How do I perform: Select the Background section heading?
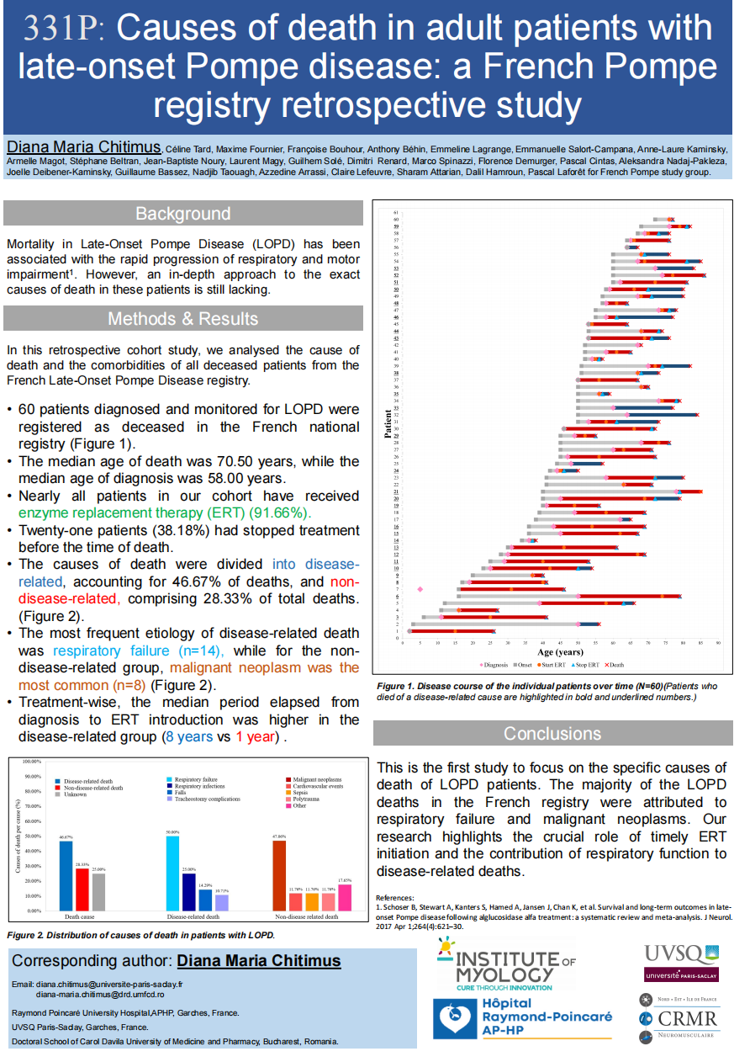[x=182, y=214]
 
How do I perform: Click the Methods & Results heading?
[x=182, y=318]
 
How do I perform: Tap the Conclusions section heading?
[x=552, y=734]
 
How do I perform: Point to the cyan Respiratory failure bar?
[x=172, y=873]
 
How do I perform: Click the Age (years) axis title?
[x=561, y=653]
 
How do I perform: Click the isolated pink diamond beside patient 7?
[x=420, y=589]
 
